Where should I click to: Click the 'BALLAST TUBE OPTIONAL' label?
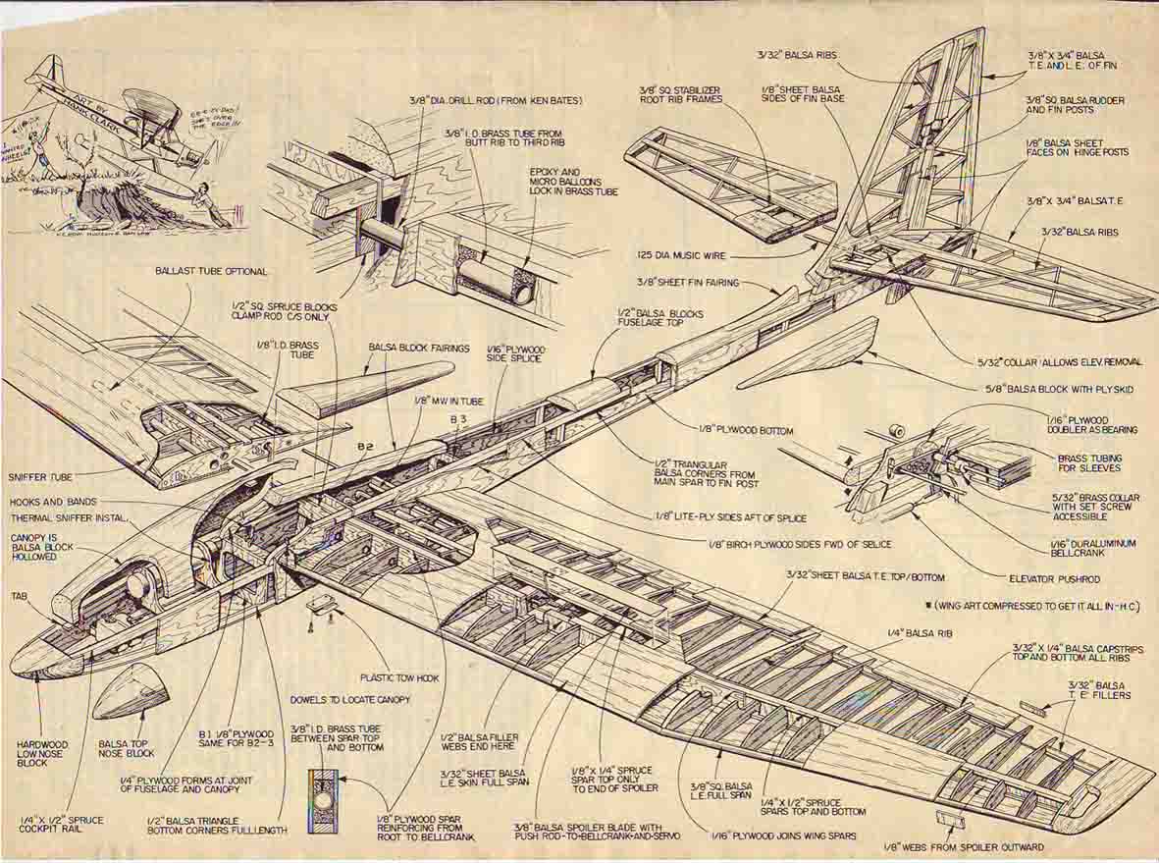pyautogui.click(x=210, y=271)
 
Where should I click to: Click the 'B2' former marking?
pyautogui.click(x=364, y=448)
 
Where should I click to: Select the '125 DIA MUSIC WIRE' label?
pyautogui.click(x=681, y=255)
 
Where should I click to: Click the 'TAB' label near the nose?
pyautogui.click(x=19, y=595)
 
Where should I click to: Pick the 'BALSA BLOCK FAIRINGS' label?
pyautogui.click(x=418, y=348)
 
